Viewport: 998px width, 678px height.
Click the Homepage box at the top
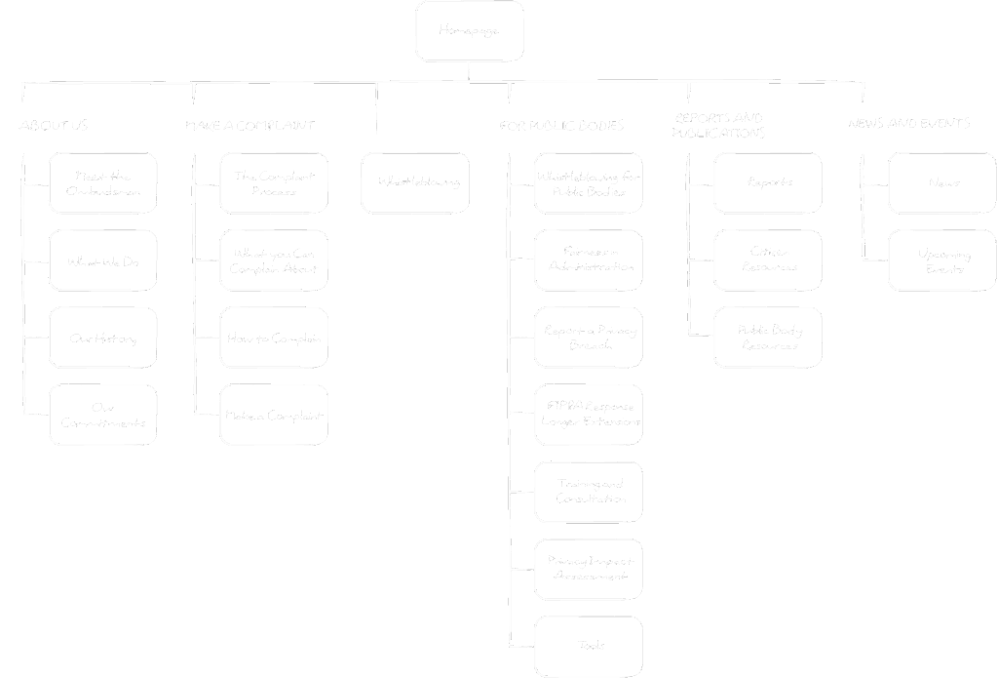470,31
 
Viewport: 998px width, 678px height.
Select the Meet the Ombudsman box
103,183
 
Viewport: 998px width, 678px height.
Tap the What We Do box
103,260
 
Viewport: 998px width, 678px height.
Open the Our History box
103,338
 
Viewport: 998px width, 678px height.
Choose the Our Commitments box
103,415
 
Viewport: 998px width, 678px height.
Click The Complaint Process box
274,183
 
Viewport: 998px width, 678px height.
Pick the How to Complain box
274,338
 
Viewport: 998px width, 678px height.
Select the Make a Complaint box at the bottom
274,415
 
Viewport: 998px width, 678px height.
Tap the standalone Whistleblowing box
415,182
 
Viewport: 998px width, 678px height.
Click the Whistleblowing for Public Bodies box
589,183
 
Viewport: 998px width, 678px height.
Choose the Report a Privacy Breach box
589,338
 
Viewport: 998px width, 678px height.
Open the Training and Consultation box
589,492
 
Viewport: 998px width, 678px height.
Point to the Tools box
589,646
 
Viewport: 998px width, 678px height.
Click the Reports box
768,182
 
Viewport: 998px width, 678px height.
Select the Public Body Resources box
768,338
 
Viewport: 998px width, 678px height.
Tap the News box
942,182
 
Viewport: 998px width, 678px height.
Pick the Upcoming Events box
942,260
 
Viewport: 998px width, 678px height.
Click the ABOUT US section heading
54,125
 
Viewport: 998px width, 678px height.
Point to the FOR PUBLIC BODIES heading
561,126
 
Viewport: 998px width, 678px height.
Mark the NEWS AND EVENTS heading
908,124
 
